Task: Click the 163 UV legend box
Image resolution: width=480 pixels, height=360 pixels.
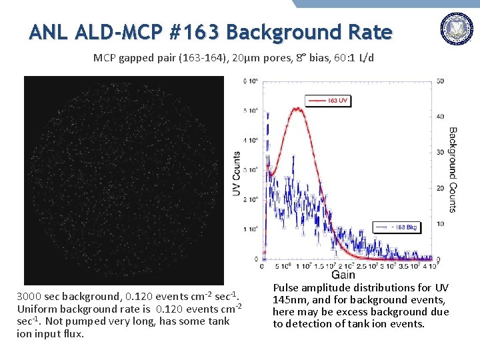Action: point(327,100)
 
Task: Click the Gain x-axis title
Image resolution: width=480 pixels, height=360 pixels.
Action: point(343,274)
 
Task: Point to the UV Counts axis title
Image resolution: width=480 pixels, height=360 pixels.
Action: point(237,173)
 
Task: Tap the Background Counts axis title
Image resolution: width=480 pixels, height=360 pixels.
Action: point(453,170)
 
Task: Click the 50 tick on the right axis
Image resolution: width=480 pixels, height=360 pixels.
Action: point(440,81)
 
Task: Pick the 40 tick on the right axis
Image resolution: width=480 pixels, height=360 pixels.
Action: point(440,117)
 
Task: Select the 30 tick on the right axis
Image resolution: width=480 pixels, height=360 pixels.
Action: point(440,153)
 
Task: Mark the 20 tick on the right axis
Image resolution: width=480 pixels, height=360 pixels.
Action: point(440,188)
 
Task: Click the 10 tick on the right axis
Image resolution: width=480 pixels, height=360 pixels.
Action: point(440,223)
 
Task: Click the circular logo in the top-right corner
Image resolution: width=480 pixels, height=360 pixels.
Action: point(457,29)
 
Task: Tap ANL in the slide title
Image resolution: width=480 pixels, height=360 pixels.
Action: point(48,31)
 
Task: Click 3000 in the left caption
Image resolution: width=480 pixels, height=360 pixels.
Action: point(30,296)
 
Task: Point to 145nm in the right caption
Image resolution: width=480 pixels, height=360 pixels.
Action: point(291,300)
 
